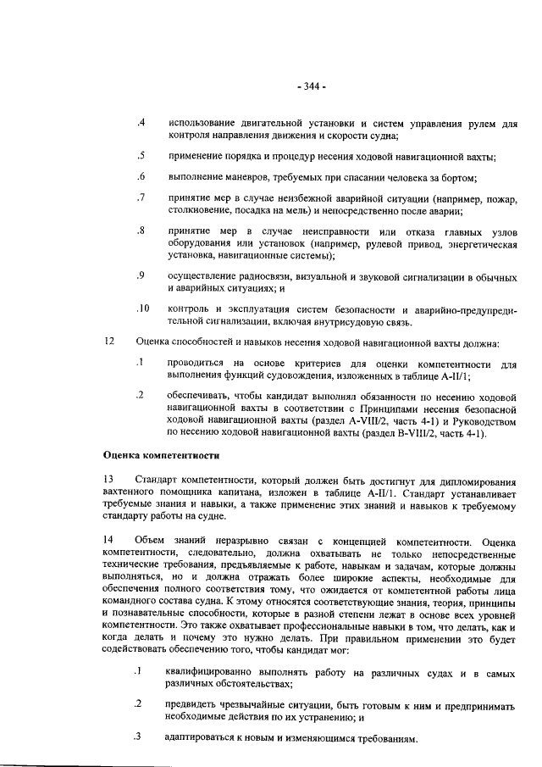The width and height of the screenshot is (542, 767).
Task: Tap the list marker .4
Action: point(141,124)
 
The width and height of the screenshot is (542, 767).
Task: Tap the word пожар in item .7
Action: point(497,198)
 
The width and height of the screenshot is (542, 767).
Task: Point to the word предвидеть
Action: point(194,705)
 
